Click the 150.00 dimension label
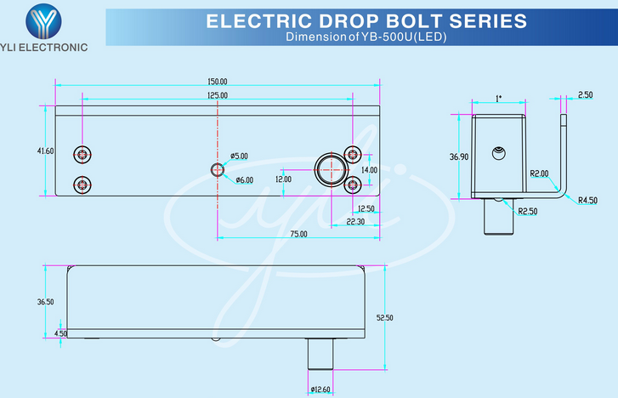(218, 82)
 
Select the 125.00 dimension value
(218, 95)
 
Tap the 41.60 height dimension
(45, 151)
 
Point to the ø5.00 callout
(239, 156)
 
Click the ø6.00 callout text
(243, 179)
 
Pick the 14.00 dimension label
(369, 169)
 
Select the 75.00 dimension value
(298, 234)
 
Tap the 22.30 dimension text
(355, 221)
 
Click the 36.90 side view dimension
(459, 156)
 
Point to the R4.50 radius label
(587, 201)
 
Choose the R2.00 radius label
(539, 173)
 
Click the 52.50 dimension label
(384, 317)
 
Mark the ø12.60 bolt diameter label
(320, 389)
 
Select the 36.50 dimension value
(45, 302)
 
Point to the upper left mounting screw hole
(82, 154)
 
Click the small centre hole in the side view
(499, 154)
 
